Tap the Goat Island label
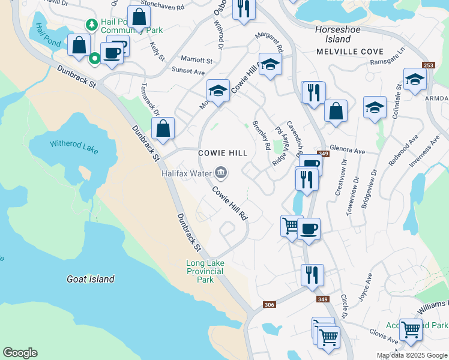pos(91,279)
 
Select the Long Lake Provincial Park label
pos(205,271)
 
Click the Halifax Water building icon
pos(221,173)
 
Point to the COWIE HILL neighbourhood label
pos(223,154)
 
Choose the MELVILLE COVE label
pos(350,52)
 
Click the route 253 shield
pos(428,65)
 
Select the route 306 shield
pos(270,305)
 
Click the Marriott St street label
pos(197,61)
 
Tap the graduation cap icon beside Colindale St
pos(415,79)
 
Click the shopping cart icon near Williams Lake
pos(411,329)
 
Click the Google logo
pos(20,353)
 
